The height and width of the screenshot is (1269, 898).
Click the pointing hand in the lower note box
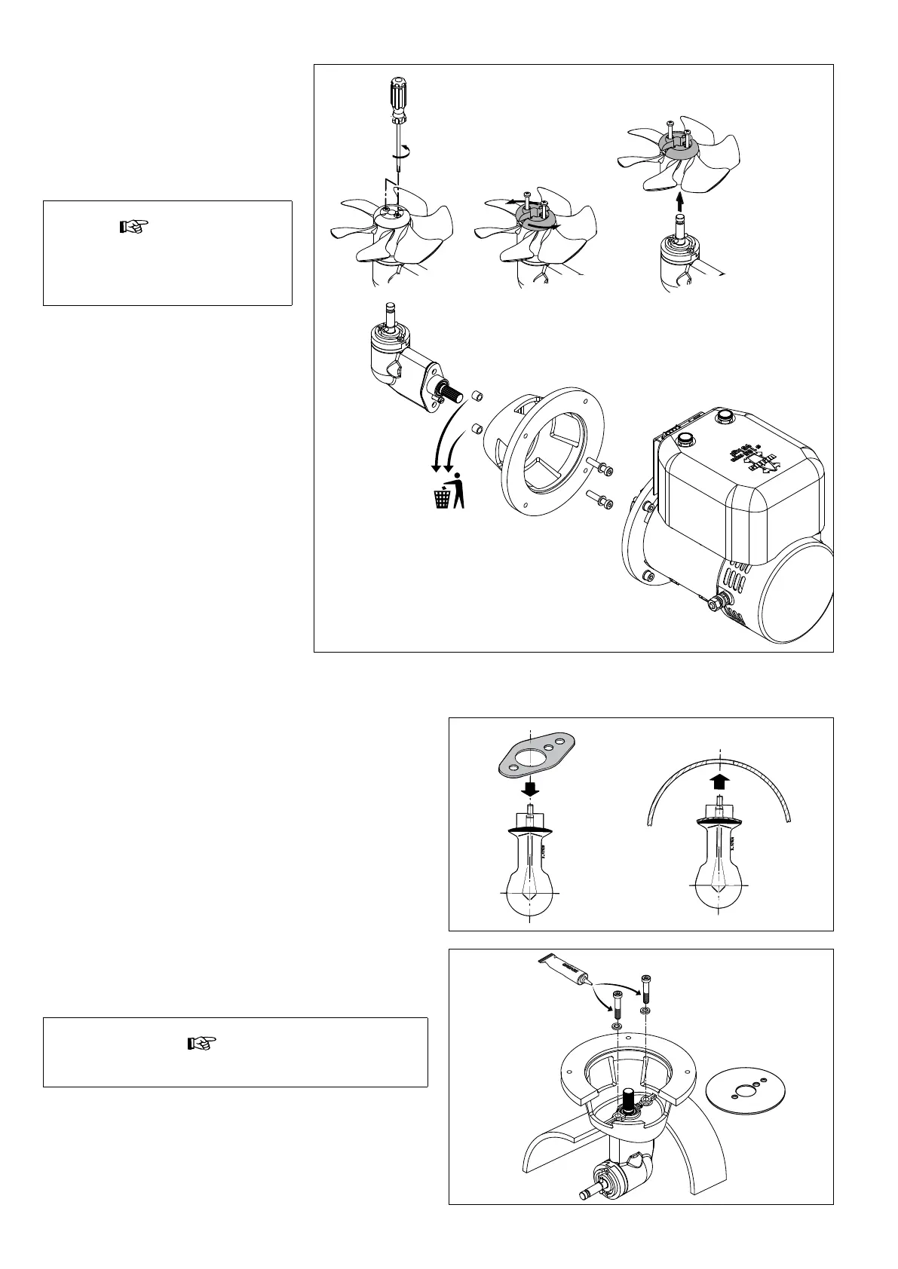pyautogui.click(x=201, y=1044)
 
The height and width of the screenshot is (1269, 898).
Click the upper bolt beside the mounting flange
pyautogui.click(x=601, y=467)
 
